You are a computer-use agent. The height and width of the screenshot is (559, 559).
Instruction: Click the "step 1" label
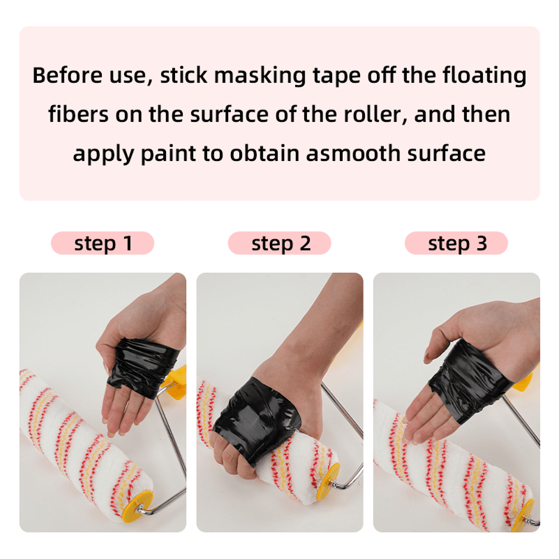click(x=103, y=244)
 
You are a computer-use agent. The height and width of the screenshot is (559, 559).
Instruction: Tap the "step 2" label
click(x=281, y=244)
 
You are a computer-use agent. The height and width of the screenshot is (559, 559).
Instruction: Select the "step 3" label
click(x=457, y=244)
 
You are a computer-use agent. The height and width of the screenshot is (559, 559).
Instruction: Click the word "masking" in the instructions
click(x=260, y=75)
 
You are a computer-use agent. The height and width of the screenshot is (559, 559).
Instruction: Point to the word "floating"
click(x=485, y=75)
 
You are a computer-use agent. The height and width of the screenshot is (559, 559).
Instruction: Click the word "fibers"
click(x=78, y=115)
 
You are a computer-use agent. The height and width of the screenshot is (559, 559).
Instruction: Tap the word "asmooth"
click(x=353, y=154)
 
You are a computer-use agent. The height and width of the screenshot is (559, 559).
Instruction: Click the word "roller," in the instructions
click(x=376, y=115)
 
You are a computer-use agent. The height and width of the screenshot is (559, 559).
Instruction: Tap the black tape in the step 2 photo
click(x=256, y=418)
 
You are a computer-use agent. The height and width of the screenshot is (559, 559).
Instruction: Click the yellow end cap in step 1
click(x=138, y=506)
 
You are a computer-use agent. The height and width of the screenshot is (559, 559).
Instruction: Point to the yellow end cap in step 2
click(x=328, y=481)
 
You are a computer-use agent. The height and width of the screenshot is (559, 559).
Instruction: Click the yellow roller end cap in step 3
click(x=523, y=515)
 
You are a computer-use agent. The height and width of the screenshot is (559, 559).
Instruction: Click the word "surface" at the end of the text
click(x=446, y=154)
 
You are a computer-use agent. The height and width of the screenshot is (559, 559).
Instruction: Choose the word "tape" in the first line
click(x=337, y=76)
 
